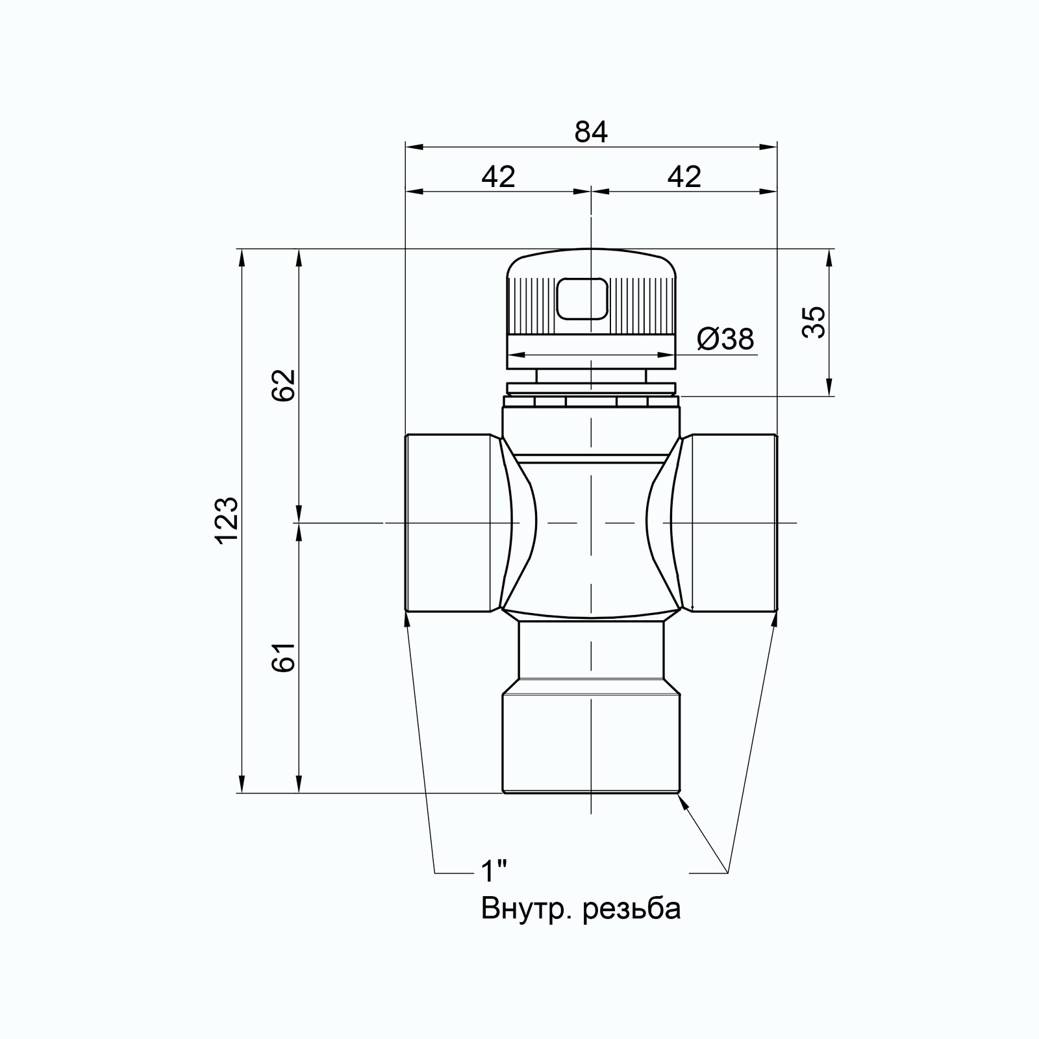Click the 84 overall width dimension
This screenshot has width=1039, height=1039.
click(x=591, y=132)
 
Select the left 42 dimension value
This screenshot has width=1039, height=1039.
click(x=498, y=177)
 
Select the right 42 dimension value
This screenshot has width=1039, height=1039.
click(x=684, y=177)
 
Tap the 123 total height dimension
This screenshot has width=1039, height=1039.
click(x=228, y=521)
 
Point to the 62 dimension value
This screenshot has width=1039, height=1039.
click(x=284, y=386)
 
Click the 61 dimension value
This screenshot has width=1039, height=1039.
click(x=284, y=657)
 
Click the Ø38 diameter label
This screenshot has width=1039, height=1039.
click(x=726, y=338)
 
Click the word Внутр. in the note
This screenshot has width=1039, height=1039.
click(x=526, y=908)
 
